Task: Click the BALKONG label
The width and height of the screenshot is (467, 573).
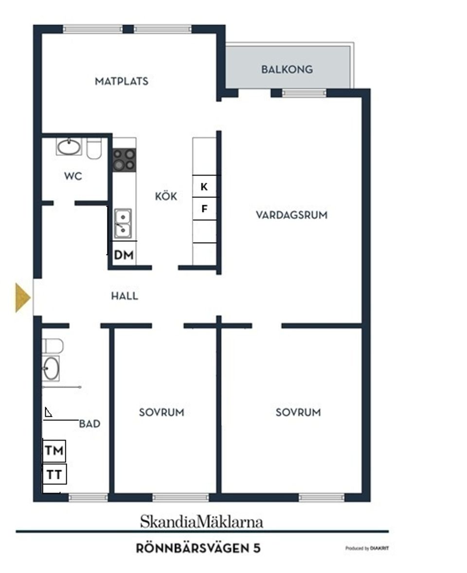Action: (x=287, y=69)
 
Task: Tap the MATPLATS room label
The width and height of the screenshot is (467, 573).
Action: (x=121, y=81)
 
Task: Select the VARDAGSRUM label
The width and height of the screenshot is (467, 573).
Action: (x=291, y=215)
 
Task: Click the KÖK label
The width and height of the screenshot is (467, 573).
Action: (x=166, y=197)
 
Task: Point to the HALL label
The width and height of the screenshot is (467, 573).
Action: (x=124, y=296)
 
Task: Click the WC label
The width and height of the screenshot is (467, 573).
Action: (x=73, y=176)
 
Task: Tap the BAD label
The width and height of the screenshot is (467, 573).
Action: (x=90, y=424)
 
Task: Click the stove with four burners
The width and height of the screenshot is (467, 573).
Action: (x=124, y=160)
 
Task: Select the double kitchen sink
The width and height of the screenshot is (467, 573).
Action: (x=123, y=223)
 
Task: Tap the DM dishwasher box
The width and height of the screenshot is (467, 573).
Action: (x=124, y=254)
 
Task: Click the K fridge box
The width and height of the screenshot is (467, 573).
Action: (x=204, y=186)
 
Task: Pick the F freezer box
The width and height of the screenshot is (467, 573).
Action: (x=204, y=209)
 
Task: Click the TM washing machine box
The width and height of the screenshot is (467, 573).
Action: (x=54, y=450)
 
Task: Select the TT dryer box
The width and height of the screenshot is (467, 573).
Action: (x=54, y=474)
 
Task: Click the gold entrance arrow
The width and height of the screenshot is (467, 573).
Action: (x=22, y=297)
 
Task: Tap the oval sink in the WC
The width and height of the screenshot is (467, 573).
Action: (x=69, y=146)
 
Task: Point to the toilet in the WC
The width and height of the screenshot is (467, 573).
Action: (x=94, y=148)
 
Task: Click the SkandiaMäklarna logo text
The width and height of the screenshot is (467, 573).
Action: (x=201, y=522)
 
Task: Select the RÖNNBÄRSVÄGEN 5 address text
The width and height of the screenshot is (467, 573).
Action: (x=198, y=549)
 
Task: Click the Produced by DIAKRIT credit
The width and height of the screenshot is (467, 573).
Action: (x=367, y=548)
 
